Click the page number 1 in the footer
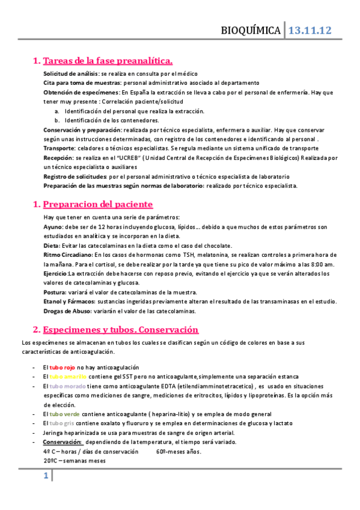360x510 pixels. pyautogui.click(x=45, y=477)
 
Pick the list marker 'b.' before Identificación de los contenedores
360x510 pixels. pyautogui.click(x=57, y=120)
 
